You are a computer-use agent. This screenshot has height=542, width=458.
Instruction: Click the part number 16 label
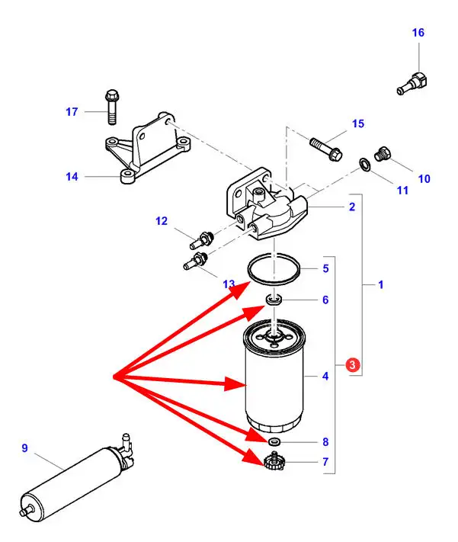pos(418,33)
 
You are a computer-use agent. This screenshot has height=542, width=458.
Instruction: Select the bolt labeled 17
pos(110,107)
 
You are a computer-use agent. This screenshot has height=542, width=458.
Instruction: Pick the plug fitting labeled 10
pos(383,155)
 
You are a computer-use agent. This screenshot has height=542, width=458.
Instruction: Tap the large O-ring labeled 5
pos(274,269)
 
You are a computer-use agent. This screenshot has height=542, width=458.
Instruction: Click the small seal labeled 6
pos(274,299)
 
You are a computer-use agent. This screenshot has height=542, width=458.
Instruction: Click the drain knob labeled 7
pos(274,462)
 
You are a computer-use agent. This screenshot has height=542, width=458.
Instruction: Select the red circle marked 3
pos(351,365)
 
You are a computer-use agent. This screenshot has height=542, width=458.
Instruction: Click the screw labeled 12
pos(200,238)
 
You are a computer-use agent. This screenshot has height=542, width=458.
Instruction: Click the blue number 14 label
pos(72,177)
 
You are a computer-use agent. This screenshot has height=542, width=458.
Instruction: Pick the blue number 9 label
pos(24,448)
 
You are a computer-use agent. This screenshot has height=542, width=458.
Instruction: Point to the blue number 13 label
pos(229,284)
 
